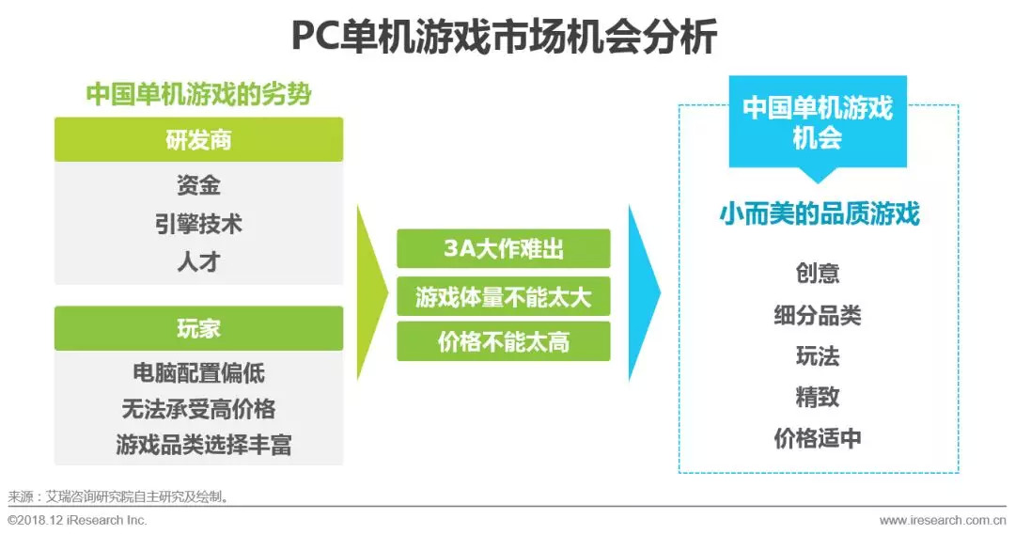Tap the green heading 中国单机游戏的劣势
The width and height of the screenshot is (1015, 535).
tap(198, 95)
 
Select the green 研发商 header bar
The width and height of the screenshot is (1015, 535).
tap(198, 140)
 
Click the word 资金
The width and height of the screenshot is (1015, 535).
tap(198, 184)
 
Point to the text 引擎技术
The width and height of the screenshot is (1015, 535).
tap(198, 224)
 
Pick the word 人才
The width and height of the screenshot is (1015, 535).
tap(198, 262)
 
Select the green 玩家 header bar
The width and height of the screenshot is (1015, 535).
tap(198, 328)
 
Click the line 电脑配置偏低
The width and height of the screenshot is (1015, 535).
tap(198, 373)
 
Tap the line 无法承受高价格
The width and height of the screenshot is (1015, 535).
tap(198, 409)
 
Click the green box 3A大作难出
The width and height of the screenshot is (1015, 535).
tap(503, 250)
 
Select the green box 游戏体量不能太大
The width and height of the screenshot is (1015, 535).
tap(503, 297)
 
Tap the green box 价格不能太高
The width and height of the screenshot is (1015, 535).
tap(503, 342)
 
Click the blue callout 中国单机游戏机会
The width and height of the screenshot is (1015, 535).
tap(818, 122)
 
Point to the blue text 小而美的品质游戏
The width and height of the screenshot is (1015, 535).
tap(818, 214)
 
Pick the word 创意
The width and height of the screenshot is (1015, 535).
tap(818, 274)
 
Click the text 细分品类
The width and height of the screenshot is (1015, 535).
tap(818, 315)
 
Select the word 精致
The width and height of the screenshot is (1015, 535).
tap(818, 398)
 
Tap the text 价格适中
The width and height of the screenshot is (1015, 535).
tap(818, 438)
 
